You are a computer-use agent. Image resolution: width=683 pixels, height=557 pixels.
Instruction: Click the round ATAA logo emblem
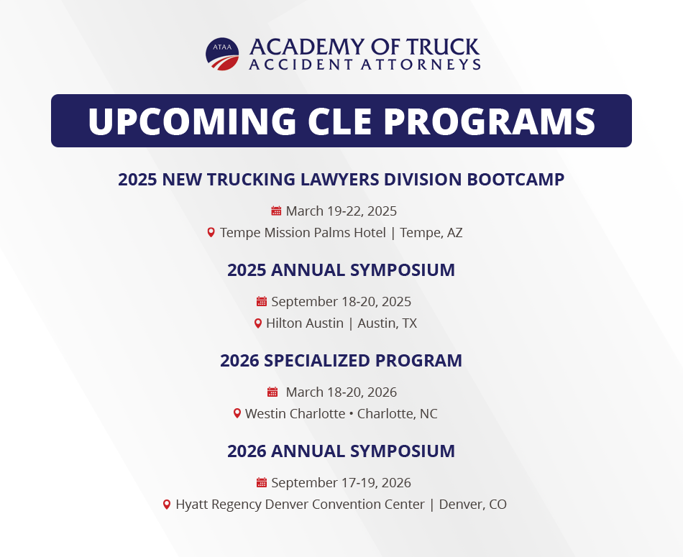coord(222,54)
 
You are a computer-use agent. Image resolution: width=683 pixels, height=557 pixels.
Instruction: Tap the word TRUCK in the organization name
coord(443,47)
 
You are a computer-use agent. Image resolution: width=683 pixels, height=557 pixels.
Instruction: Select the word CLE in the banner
coord(340,121)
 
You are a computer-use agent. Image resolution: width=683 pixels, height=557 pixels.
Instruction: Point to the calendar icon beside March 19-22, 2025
coord(276,211)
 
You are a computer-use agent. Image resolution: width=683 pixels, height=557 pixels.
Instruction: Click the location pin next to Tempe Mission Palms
coord(211,233)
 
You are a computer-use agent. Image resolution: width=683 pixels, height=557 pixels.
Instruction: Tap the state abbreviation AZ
coord(455,233)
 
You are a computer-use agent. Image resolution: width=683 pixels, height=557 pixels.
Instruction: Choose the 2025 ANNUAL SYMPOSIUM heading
coord(341,270)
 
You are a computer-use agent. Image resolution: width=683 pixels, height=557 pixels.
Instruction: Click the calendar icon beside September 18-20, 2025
coord(262,301)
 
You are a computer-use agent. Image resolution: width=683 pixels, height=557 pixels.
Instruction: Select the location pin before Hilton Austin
coord(258,323)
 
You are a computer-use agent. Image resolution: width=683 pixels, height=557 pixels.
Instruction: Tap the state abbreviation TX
coord(410,323)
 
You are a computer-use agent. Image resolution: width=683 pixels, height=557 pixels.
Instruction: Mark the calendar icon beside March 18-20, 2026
coord(272,392)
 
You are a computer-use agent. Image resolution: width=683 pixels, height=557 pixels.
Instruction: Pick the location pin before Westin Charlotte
coord(237,413)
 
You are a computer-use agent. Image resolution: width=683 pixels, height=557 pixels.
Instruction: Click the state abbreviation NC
coord(428,414)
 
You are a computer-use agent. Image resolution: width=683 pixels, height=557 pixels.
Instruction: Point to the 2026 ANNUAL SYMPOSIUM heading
coord(341,451)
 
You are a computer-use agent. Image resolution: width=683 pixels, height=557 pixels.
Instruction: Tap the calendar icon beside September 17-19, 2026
coord(262,482)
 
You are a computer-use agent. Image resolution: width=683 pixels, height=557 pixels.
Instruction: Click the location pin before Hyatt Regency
coord(166,505)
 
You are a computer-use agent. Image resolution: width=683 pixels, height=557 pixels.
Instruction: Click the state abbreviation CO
coord(498,505)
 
